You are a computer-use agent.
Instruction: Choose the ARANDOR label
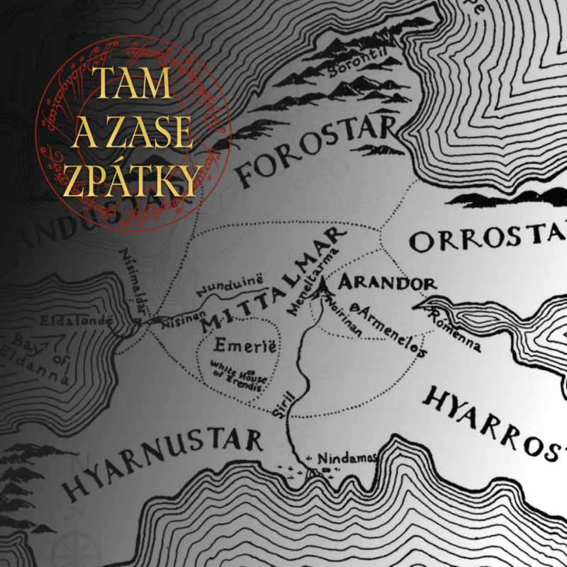tap(386, 283)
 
